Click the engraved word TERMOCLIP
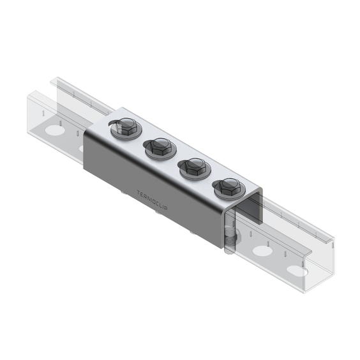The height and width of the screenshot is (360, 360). coord(152,200)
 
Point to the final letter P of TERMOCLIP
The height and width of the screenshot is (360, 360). coord(166,207)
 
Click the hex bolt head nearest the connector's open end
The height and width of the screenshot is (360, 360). coord(229,186)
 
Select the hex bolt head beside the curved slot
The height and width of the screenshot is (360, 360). coord(125,126)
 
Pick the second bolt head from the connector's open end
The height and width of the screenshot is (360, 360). coord(194,167)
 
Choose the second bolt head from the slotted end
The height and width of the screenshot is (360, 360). coord(159,146)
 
